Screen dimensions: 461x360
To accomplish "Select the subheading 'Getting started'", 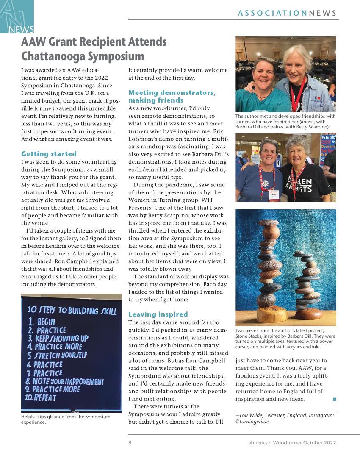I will (x=49, y=154).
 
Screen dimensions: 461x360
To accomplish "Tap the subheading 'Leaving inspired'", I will (x=158, y=314).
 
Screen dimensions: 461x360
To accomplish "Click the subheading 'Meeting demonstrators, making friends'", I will (x=172, y=96).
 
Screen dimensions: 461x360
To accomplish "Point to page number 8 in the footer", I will (x=130, y=443).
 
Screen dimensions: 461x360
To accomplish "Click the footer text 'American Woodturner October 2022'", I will (x=292, y=443).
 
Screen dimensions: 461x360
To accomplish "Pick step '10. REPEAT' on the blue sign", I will (x=41, y=397).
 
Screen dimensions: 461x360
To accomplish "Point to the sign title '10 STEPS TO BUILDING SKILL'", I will (x=72, y=311).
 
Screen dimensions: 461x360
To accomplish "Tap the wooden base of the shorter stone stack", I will (x=308, y=314).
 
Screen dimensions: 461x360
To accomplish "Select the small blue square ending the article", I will (x=334, y=399).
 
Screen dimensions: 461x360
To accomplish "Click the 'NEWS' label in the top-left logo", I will (x=21, y=29).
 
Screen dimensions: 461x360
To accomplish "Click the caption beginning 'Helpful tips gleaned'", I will (x=66, y=419).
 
